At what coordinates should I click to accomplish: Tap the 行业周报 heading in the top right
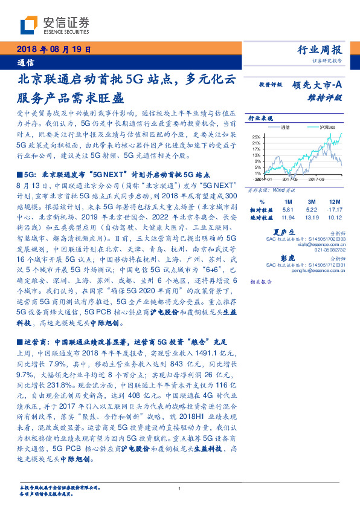coord(321,50)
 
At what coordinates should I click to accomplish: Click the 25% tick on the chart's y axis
coord(256,137)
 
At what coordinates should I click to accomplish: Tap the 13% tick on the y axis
coord(256,155)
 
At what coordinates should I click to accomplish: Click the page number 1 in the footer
coord(180,488)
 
